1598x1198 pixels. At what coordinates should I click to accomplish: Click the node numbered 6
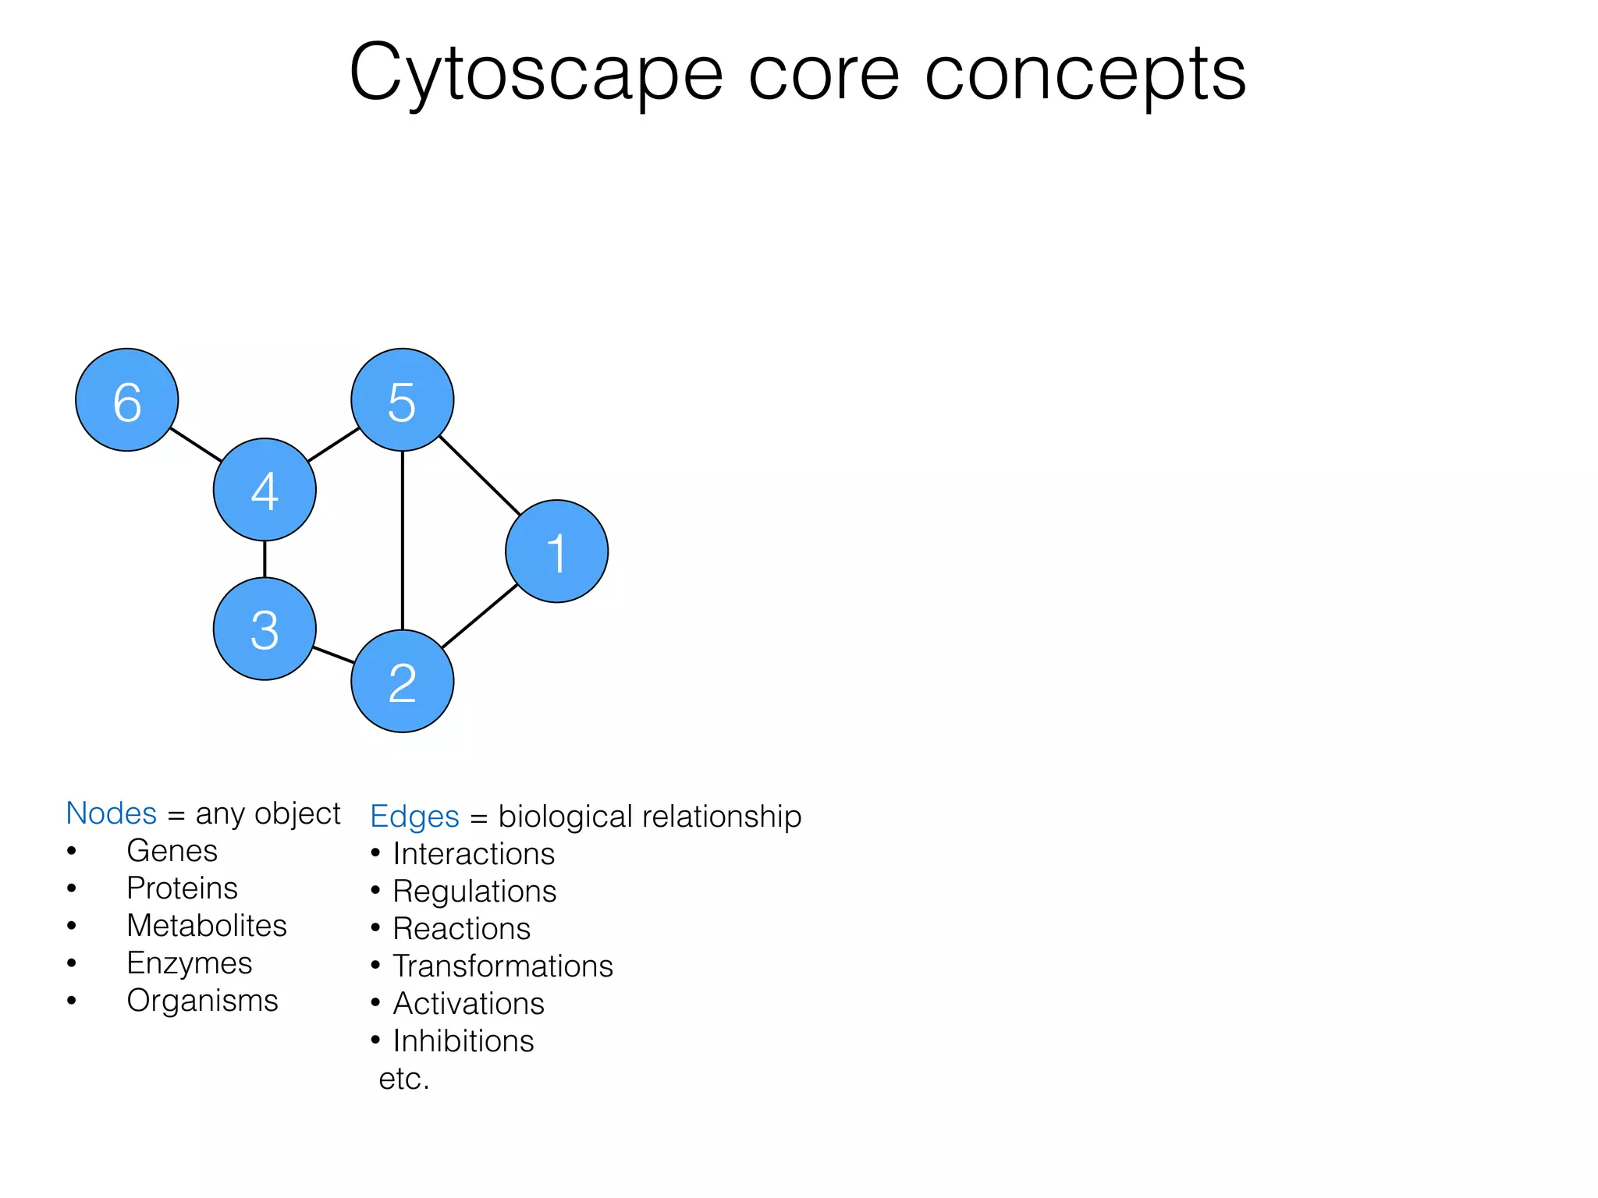(127, 400)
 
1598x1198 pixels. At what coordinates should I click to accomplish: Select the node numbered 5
(402, 400)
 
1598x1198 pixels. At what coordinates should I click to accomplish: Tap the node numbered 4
(265, 490)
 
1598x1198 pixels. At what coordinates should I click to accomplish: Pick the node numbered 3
(265, 629)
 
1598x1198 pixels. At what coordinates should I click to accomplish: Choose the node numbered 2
(402, 681)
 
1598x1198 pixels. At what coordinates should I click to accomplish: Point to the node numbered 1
(556, 551)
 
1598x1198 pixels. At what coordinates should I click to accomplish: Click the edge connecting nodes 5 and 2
(402, 540)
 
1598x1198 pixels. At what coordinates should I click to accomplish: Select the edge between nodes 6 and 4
(196, 445)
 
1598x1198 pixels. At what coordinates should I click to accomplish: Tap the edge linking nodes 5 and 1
(480, 475)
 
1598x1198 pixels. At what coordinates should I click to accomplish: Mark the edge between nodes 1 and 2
(480, 616)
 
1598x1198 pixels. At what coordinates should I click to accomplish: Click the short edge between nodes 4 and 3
(265, 559)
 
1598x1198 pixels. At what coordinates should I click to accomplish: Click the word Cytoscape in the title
(536, 74)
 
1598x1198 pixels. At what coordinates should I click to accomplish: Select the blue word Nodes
(112, 813)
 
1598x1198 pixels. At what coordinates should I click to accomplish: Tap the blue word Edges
(414, 817)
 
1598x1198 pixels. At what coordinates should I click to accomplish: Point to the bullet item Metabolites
(207, 926)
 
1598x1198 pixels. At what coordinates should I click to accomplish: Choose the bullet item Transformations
(502, 966)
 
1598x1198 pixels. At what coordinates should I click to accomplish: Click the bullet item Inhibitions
(463, 1041)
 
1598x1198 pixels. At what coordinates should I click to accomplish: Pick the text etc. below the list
(403, 1079)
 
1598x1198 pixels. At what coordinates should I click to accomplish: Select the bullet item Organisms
(202, 1001)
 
